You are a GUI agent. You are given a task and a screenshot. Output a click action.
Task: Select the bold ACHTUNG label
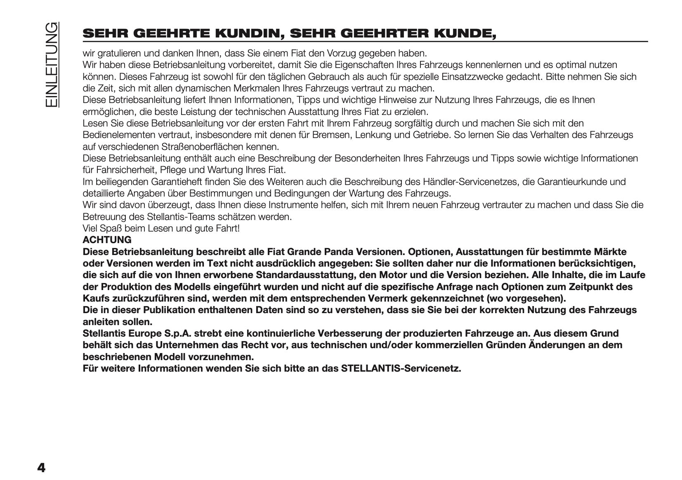[x=107, y=240]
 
